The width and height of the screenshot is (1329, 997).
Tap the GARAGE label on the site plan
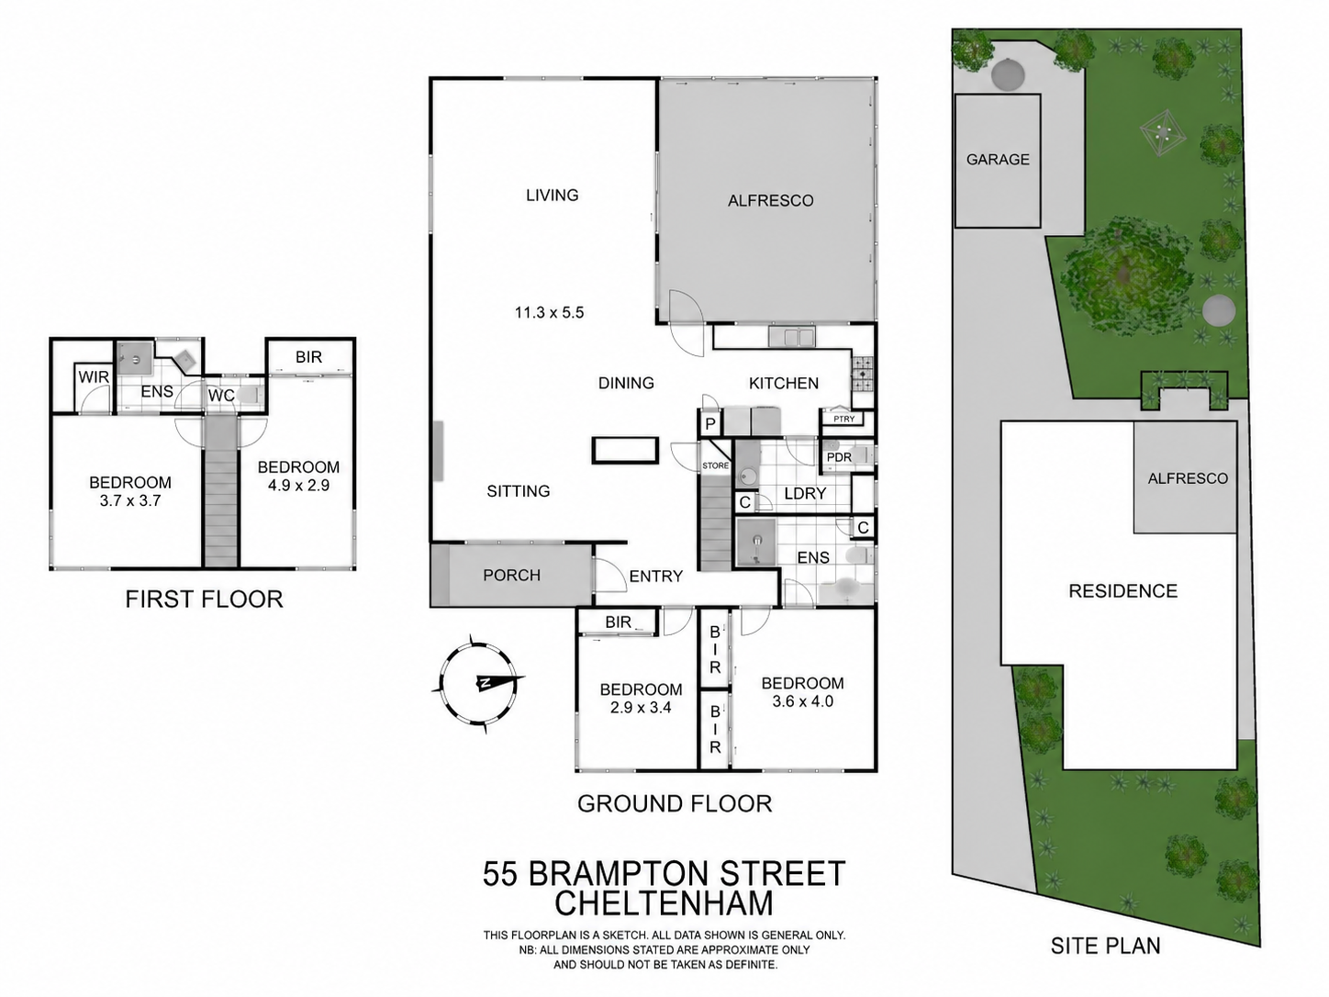pos(997,159)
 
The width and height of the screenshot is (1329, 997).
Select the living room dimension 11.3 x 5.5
pos(549,312)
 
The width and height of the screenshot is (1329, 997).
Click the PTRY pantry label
pos(843,419)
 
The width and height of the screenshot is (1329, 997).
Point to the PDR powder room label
pos(839,457)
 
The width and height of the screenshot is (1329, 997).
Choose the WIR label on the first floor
pos(94,377)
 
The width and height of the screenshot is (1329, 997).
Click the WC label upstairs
pos(221,396)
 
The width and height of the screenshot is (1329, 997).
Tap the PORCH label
pos(511,575)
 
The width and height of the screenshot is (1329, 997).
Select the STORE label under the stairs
pos(716,465)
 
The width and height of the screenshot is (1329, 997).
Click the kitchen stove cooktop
pos(863,374)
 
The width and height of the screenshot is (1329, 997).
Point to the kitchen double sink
pos(792,336)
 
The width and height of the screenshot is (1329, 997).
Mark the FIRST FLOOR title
pos(204,599)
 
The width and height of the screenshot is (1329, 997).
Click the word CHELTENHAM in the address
pos(664,903)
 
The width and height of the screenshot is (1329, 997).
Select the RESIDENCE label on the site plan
pos(1123,591)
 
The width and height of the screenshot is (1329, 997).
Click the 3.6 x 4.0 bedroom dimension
pos(803,701)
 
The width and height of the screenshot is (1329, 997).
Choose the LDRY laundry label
pos(805,493)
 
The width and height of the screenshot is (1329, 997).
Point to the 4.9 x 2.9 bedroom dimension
pos(298,485)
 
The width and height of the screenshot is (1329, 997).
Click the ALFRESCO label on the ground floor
pos(770,201)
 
